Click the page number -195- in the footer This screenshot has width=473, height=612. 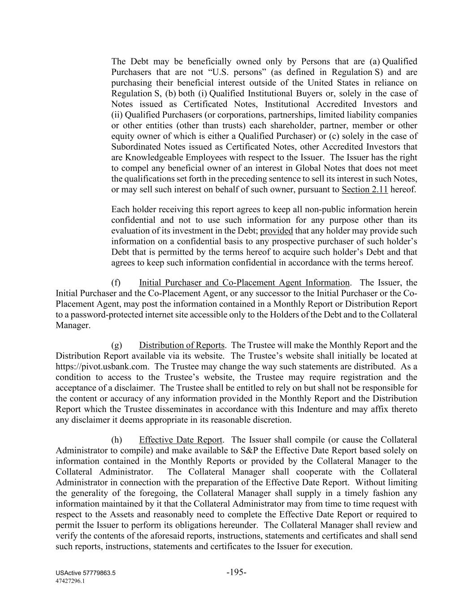coord(236,572)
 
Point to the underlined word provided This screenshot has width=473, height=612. coord(276,231)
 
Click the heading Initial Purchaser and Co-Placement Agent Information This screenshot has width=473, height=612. coord(244,283)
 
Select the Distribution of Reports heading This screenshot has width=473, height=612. coord(182,345)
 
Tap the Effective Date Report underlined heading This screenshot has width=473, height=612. coord(180,440)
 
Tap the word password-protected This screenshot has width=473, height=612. coord(103,315)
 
